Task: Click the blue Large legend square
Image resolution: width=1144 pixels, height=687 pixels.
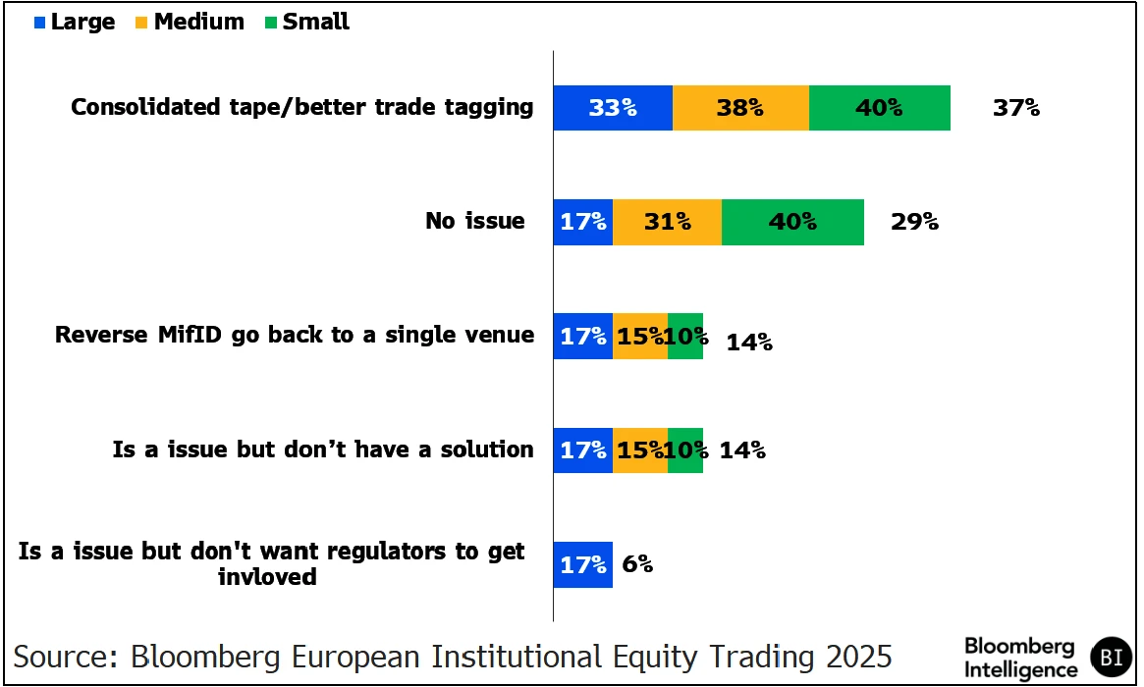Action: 39,23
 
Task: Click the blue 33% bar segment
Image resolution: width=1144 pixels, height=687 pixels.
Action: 613,108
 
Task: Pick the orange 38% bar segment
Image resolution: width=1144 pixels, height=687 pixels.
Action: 740,108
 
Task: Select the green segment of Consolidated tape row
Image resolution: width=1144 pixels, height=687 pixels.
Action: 879,108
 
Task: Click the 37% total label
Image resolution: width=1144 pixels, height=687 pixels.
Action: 1015,108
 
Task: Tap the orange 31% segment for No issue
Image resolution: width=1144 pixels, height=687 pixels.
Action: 667,222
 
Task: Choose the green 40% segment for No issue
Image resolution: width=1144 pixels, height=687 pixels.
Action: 792,222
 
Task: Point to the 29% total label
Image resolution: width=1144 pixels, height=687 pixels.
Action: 914,222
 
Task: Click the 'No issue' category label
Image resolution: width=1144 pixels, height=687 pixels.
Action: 475,221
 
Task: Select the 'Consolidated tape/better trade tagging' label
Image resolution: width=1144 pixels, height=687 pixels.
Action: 302,107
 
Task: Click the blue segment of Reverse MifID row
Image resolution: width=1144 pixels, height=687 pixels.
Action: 583,336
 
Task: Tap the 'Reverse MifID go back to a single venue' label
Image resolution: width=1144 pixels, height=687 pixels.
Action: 295,335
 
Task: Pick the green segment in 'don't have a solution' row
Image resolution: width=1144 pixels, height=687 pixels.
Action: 685,449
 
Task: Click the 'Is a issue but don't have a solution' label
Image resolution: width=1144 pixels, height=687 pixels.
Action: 323,449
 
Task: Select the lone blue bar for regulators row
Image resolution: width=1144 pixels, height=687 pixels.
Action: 583,564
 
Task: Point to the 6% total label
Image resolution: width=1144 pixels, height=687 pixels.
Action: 637,564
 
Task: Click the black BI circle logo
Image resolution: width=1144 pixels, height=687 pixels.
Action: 1111,657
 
